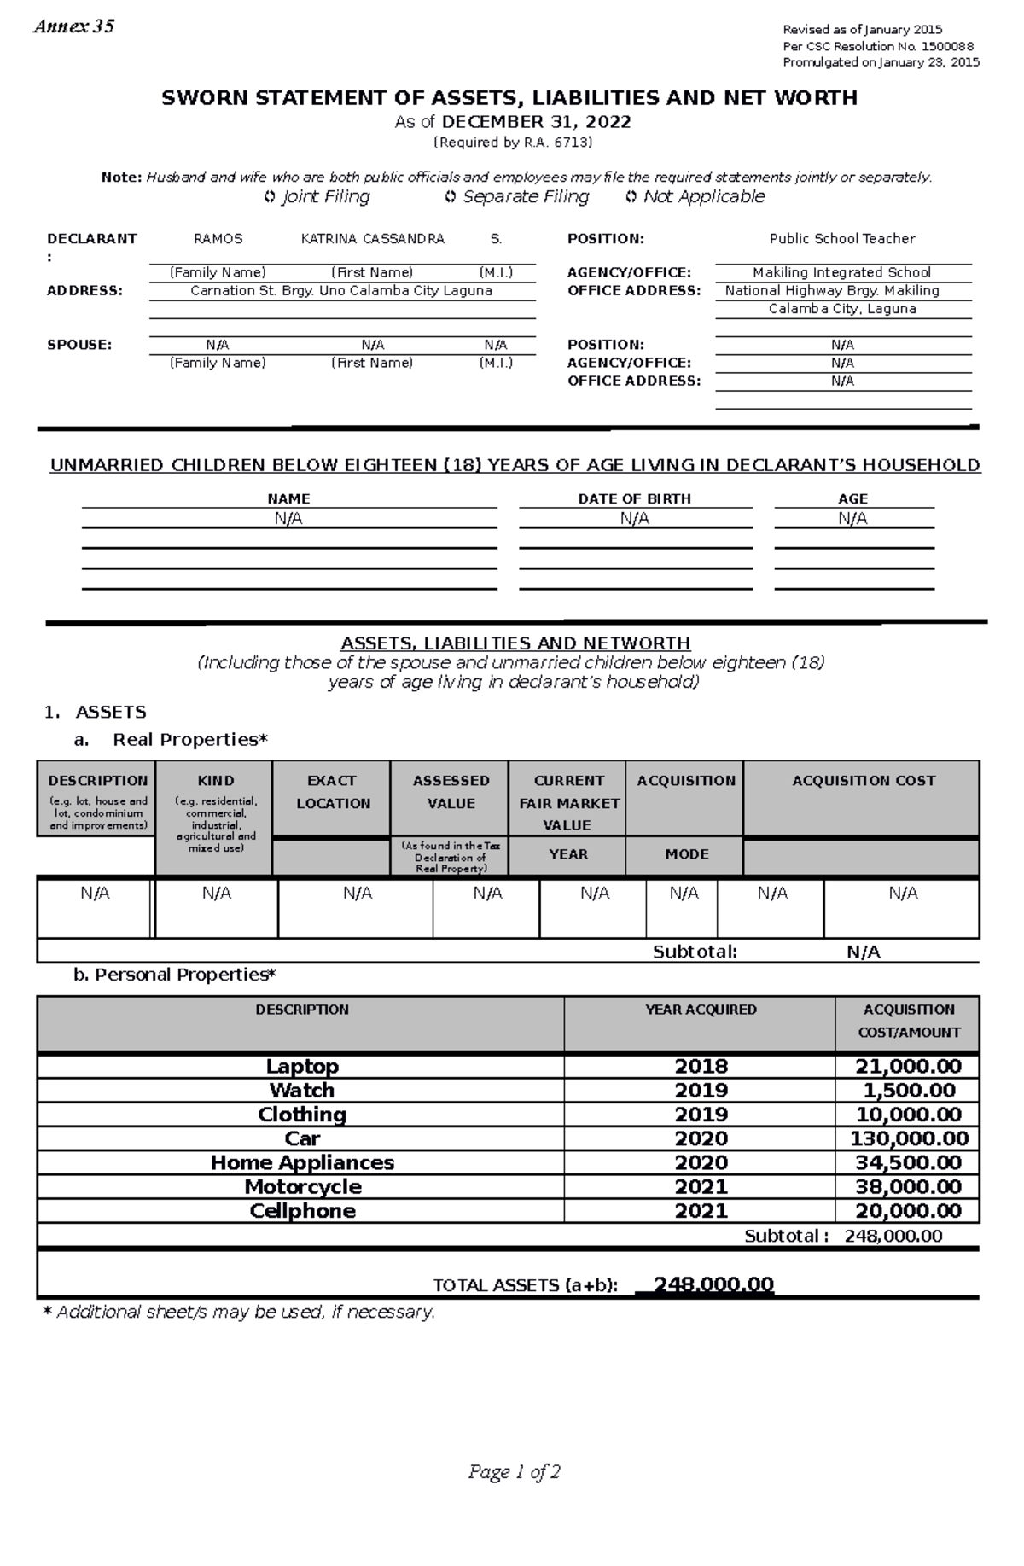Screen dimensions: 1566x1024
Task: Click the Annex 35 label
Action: click(73, 26)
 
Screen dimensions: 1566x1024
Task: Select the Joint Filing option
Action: click(317, 197)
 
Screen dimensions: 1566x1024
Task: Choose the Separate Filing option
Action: click(517, 197)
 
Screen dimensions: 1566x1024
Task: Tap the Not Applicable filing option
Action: click(695, 197)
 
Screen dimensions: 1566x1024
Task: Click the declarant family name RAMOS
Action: click(218, 239)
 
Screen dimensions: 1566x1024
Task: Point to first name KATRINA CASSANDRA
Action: click(373, 239)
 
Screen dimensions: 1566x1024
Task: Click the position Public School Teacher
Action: click(842, 239)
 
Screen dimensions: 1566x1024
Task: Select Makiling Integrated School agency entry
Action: click(842, 272)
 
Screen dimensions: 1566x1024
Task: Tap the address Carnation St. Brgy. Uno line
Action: click(341, 290)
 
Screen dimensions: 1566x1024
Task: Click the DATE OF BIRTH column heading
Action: click(634, 498)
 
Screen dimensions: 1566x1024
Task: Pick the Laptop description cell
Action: click(302, 1067)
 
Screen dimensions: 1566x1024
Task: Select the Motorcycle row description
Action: click(302, 1187)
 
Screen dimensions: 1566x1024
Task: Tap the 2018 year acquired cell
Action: click(701, 1067)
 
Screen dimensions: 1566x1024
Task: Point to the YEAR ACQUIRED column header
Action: click(701, 1010)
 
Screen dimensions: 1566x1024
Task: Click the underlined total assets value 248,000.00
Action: click(713, 1285)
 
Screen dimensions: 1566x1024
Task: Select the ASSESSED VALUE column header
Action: click(451, 792)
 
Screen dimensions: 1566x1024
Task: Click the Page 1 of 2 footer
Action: click(514, 1472)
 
